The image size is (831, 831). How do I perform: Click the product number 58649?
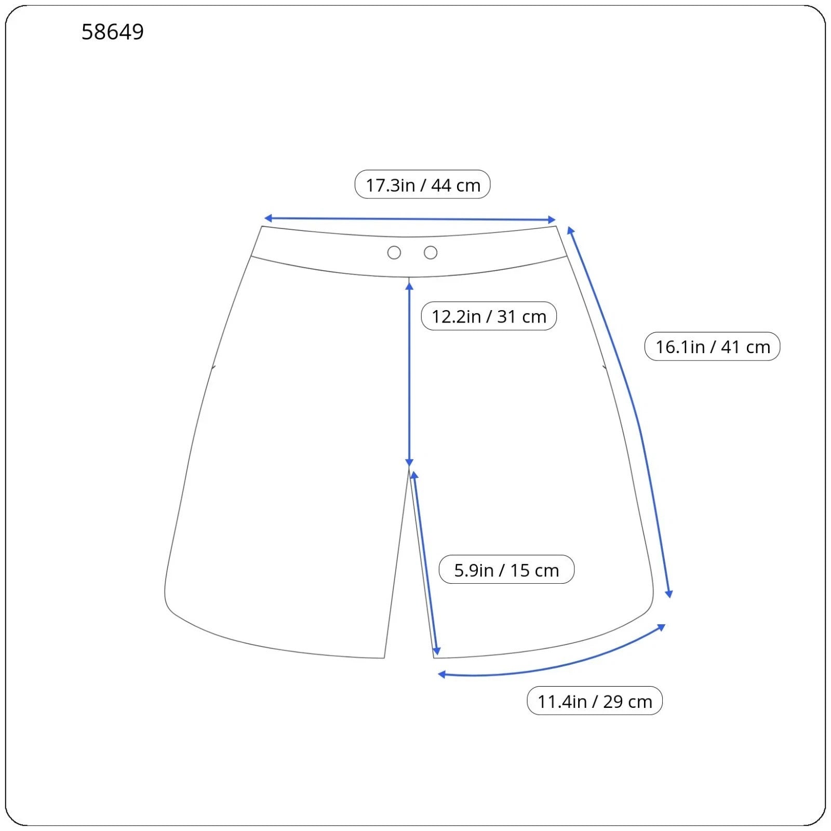coord(113,32)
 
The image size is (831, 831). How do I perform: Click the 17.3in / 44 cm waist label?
coord(423,185)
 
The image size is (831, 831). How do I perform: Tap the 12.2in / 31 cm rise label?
coord(489,316)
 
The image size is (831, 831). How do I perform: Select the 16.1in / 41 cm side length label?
coord(713,347)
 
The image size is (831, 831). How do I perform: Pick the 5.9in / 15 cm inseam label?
coord(506,570)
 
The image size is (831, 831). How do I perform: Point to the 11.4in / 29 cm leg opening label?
coord(595,701)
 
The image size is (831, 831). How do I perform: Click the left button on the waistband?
coord(394,253)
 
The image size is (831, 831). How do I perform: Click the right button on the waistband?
coord(431,253)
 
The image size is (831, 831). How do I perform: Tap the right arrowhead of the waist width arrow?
coord(552,220)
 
